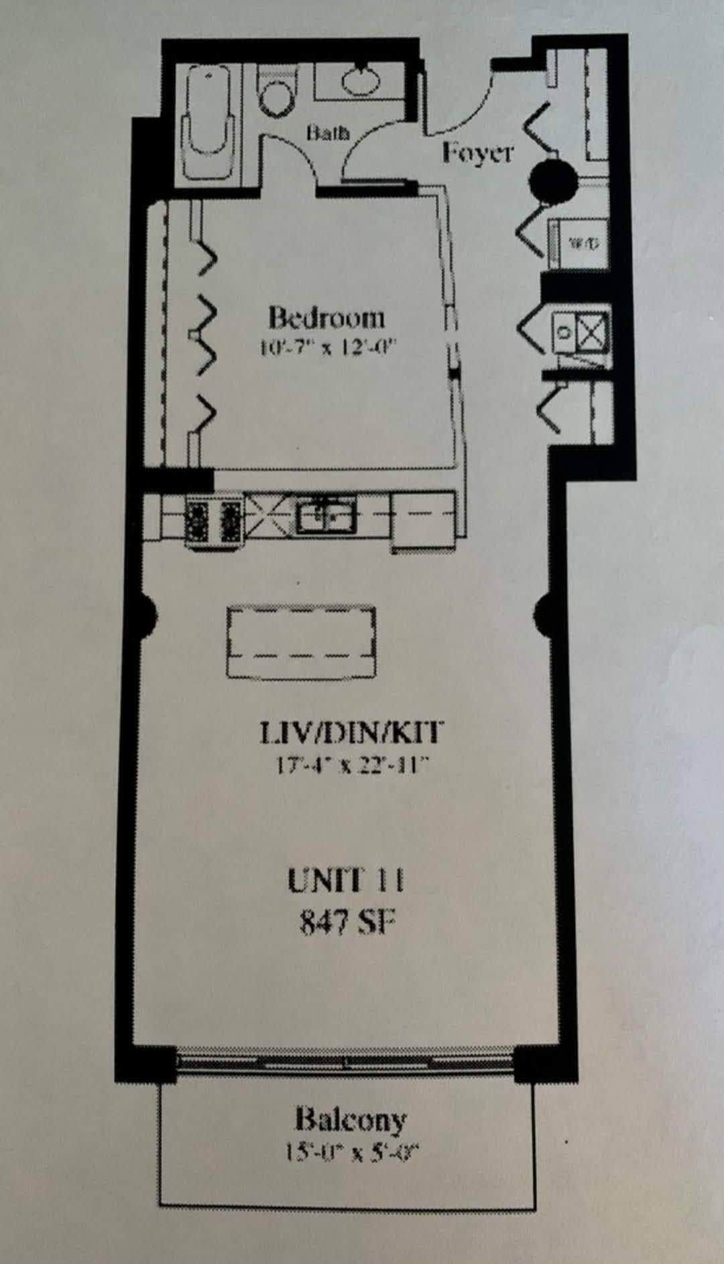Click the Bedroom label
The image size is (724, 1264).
point(326,317)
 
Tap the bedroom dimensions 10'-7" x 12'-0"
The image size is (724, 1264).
point(328,349)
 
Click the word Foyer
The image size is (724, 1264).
point(477,153)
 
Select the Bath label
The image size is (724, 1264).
point(328,132)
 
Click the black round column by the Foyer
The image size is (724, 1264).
point(553,179)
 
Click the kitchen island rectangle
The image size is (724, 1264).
point(301,643)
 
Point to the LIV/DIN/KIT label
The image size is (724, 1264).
point(351,733)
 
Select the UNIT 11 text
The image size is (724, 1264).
point(346,880)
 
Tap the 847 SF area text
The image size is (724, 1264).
point(346,923)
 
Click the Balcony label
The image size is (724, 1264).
point(351,1119)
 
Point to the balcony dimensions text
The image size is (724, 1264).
point(352,1153)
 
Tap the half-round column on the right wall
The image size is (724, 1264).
point(544,611)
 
